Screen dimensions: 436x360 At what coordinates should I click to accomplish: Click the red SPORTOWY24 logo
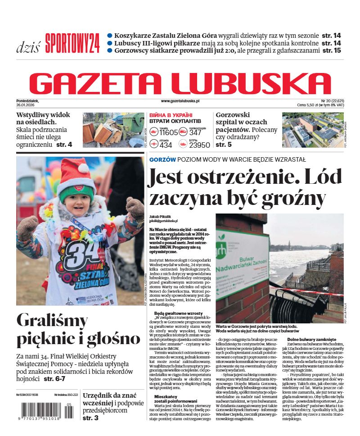coord(72,43)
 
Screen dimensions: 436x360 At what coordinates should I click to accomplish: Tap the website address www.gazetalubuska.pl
coord(180,101)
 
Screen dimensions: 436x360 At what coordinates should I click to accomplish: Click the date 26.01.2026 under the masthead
coord(27,105)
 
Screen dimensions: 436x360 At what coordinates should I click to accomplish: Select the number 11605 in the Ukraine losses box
coord(169,132)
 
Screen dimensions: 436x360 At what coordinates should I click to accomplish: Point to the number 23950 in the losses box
coord(199,145)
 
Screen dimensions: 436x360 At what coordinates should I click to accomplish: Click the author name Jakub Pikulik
coord(161,216)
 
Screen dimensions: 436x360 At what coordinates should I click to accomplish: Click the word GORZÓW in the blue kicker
coord(162,159)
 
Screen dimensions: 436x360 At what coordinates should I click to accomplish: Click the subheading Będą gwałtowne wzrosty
coord(178,313)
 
